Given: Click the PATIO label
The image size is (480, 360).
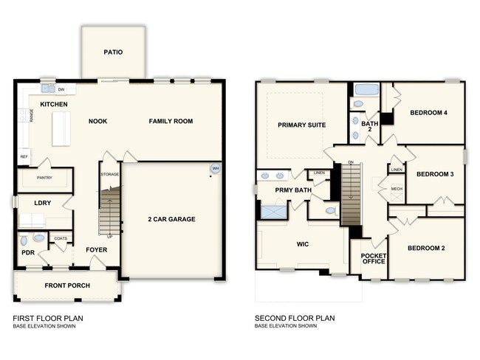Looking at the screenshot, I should point(114,52).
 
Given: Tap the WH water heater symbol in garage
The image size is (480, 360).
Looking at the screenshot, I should point(216,169).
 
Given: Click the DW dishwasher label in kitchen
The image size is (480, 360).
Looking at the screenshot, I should point(62,90).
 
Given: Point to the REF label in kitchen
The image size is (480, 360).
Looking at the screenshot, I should point(24,157).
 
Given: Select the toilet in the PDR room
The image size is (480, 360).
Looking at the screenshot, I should point(26,240).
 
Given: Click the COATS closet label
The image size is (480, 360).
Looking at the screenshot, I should point(60,238).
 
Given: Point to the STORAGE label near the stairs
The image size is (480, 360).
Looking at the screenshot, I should point(110,174).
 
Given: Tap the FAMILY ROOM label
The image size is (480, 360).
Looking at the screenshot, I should point(171,121).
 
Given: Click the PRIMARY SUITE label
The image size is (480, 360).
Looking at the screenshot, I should point(301,125).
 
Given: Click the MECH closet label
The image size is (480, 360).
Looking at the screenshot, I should point(397,189).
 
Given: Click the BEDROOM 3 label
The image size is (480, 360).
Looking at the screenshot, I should point(435,175).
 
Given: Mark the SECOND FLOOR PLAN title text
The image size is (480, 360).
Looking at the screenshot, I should point(295,318).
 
